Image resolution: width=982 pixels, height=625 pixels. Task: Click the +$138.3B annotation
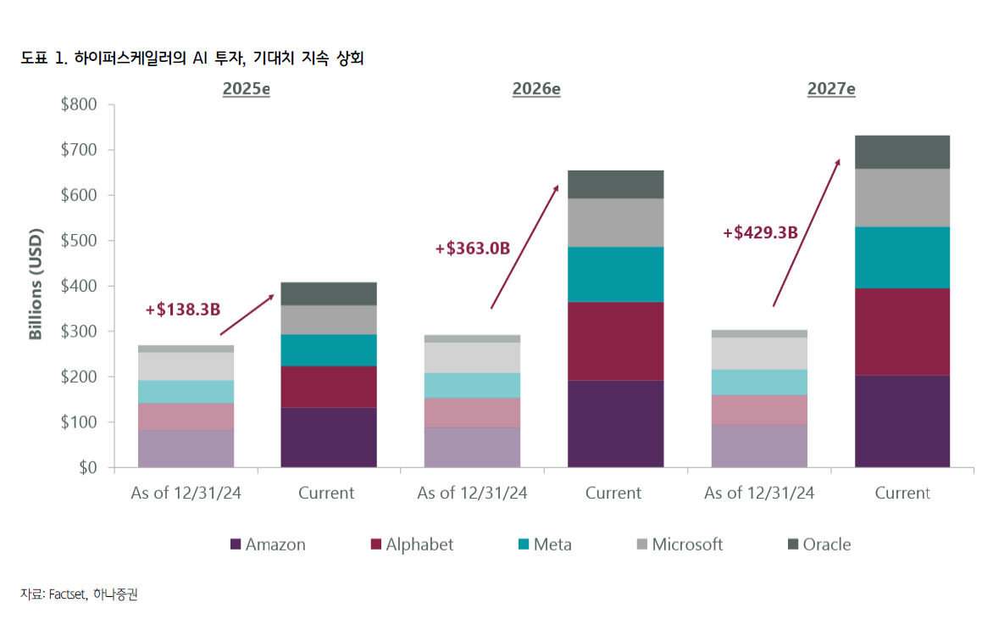point(183,310)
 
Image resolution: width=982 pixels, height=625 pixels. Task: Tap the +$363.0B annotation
point(473,248)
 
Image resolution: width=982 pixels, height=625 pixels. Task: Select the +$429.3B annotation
point(760,232)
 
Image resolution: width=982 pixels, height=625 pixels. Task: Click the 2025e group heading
point(246,89)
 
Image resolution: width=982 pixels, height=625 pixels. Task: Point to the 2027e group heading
point(831,89)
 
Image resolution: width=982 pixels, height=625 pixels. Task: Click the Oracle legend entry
point(819,544)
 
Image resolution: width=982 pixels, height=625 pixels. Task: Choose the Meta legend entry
point(545,544)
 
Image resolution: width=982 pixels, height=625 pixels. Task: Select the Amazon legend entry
point(268,544)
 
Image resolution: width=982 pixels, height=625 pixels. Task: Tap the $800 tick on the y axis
point(79,104)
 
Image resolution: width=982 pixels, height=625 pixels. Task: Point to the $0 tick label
point(87,467)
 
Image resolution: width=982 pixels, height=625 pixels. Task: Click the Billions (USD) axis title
point(36,284)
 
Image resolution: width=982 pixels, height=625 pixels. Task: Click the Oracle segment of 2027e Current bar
point(902,153)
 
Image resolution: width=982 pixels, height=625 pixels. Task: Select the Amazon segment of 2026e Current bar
point(616,424)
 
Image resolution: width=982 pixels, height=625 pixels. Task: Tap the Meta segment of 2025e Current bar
point(329,350)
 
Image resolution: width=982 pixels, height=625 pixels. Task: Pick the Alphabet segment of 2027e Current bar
point(902,332)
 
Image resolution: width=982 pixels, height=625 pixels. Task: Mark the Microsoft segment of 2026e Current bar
point(616,223)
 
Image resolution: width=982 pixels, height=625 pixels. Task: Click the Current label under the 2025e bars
point(326,493)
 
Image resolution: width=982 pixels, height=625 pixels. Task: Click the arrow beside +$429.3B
point(807,232)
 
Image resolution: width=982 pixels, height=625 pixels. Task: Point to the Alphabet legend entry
point(412,544)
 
